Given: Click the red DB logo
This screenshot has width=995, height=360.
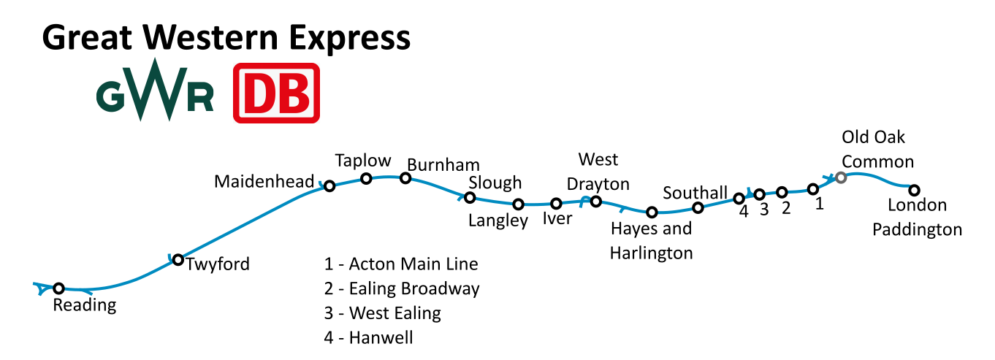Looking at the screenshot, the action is click(277, 93).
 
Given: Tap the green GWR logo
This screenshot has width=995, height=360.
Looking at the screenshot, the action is click(155, 91).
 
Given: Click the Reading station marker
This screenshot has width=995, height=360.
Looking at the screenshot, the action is click(59, 288).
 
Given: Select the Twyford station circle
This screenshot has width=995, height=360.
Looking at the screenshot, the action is click(178, 259).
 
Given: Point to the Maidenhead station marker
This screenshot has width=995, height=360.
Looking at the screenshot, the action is click(329, 186).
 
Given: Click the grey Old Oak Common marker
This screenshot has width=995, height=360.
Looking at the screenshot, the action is click(841, 177).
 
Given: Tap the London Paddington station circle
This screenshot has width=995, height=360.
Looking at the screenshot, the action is click(913, 191).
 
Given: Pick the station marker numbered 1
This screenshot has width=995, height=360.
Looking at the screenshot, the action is click(812, 189).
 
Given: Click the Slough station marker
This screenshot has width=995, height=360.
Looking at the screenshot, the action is click(470, 197).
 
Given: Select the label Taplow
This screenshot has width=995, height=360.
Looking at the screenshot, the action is click(363, 161).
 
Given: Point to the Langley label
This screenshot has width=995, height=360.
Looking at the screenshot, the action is click(498, 220).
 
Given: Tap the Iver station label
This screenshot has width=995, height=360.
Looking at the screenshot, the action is click(557, 218).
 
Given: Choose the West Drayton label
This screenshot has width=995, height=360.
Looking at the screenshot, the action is click(598, 171).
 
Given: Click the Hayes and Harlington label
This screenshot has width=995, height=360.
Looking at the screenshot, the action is click(651, 241).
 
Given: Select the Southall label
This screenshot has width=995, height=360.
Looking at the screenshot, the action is click(695, 193).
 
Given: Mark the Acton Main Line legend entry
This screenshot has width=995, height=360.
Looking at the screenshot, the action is click(401, 264).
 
